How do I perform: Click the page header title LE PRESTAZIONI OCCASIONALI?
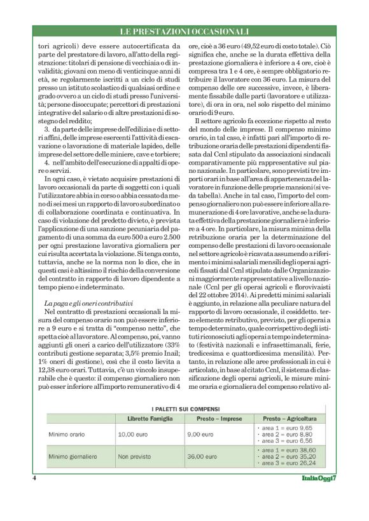coord(184,31)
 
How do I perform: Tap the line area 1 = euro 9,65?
coord(287,428)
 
